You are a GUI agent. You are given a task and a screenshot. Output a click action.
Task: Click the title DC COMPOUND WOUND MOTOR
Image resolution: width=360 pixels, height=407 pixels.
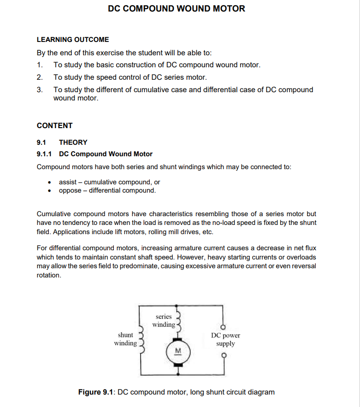[177, 9]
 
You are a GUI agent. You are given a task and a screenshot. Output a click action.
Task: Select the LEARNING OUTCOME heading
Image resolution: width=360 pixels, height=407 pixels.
[73, 40]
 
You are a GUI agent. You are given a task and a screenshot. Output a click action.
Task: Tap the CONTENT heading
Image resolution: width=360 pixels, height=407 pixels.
[54, 126]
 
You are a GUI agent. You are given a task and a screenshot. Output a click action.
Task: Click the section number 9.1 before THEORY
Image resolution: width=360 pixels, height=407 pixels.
[42, 142]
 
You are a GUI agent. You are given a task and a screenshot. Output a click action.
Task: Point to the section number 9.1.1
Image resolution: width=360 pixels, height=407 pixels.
[45, 154]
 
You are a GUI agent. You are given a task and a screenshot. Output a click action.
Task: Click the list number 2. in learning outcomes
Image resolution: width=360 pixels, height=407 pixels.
[40, 77]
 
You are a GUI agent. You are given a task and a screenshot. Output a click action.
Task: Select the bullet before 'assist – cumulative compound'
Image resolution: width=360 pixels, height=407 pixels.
[50, 183]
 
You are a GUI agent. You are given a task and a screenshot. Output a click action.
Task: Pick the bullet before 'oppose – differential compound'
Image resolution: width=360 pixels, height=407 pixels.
[50, 190]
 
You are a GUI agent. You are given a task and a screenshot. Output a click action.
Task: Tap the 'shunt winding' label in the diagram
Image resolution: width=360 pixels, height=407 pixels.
[125, 339]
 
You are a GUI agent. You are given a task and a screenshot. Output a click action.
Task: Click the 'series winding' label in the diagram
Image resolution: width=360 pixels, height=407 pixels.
[164, 320]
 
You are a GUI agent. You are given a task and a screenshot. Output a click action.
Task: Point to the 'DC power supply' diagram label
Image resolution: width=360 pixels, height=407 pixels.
[225, 339]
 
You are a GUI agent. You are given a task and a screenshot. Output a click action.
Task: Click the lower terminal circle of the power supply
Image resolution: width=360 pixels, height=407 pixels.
[224, 355]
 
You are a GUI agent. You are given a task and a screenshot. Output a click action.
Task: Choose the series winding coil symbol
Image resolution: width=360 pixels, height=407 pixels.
[177, 320]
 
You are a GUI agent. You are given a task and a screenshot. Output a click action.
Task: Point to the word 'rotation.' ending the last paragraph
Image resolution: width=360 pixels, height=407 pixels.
[49, 275]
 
